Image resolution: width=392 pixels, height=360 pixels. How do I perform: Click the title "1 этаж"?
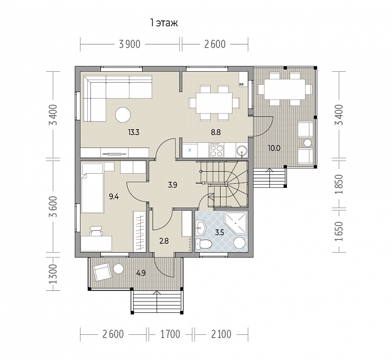164,23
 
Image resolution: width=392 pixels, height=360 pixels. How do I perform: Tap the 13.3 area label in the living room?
133,132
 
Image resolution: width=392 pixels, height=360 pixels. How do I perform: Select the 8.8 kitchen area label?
215,132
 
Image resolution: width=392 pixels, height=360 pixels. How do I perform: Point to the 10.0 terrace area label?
274,148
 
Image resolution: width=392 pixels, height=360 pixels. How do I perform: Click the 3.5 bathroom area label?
220,232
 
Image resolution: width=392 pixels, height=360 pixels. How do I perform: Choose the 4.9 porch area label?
141,273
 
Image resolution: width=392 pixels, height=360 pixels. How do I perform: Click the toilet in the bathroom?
203,244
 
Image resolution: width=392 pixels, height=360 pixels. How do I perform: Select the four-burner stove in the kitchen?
216,150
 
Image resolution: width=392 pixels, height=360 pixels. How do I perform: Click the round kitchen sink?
242,151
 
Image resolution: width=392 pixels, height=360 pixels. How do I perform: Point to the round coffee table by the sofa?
123,115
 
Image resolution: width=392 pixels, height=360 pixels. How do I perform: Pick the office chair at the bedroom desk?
96,231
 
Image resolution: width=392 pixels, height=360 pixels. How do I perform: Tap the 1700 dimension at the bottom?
170,334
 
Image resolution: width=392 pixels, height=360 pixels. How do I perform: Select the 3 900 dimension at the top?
130,44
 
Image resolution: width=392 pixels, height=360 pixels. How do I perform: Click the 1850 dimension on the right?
340,185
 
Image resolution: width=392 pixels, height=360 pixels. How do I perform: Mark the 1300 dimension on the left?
53,274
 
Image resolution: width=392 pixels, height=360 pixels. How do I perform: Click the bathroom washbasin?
200,228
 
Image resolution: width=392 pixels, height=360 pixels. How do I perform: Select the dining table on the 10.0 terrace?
285,89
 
